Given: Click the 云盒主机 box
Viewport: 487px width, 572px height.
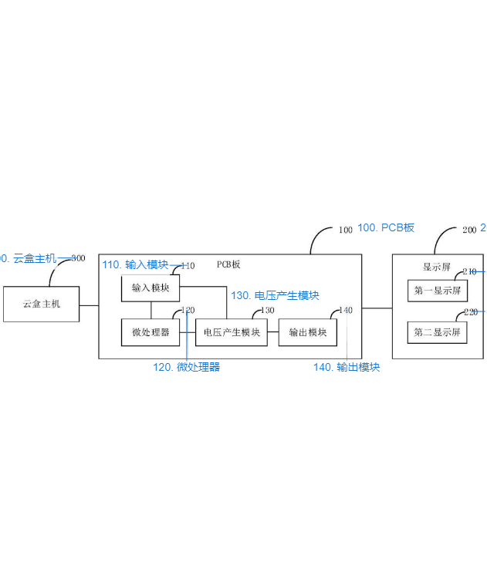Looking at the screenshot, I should (41, 305).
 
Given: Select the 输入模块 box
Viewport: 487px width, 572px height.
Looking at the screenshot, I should (150, 288).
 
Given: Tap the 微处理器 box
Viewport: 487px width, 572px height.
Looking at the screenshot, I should (150, 332).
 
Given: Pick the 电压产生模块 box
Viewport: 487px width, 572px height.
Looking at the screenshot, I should (231, 332).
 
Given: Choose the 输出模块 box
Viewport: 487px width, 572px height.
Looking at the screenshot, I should (307, 332).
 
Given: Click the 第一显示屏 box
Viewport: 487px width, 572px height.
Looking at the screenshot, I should (437, 291).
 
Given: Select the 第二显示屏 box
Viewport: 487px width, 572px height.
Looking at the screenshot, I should (437, 332).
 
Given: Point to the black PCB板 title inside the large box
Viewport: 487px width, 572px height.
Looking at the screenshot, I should (228, 264).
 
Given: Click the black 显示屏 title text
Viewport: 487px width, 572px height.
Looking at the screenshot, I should (436, 267).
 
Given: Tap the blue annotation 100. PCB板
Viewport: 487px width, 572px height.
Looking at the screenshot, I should (386, 227).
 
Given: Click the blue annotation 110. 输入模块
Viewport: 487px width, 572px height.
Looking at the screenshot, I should (135, 264).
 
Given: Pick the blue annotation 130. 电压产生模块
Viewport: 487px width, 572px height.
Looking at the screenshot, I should (275, 295).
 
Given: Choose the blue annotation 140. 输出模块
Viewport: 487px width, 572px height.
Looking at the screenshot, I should (347, 367).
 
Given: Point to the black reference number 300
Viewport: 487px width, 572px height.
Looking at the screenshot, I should (78, 258).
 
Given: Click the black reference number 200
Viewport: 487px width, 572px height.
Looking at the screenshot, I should (469, 230).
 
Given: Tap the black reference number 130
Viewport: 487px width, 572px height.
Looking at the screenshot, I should (267, 310).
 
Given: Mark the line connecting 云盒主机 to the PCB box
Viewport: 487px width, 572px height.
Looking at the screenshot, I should (89, 305).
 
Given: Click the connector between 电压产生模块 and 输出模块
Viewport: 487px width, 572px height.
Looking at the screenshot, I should (272, 332).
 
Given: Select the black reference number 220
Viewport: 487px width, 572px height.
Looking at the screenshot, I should (470, 312).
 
